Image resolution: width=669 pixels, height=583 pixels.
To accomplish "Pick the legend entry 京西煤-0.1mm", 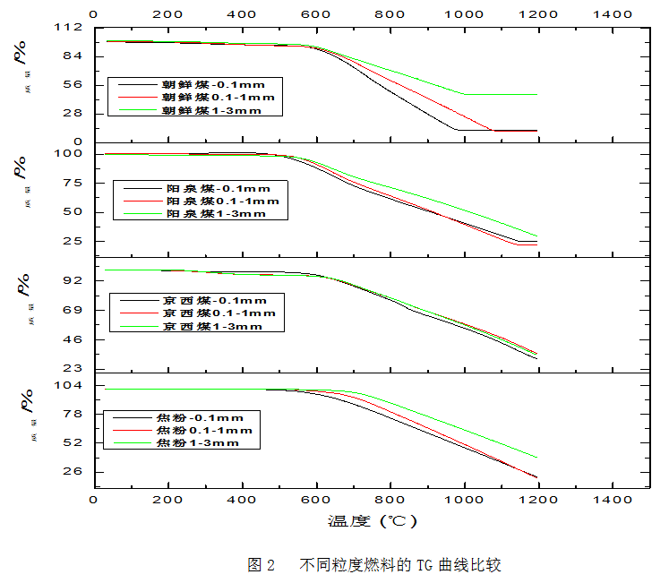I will (x=213, y=300).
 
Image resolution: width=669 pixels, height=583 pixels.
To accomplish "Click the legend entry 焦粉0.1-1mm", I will (x=203, y=430).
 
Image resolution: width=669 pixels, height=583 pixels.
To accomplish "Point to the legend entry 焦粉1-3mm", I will (x=197, y=442).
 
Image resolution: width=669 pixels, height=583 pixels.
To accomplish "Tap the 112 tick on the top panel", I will (x=74, y=28).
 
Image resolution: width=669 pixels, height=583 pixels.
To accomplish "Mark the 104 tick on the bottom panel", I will (x=74, y=385).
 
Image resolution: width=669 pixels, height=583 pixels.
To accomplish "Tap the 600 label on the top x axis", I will (x=315, y=13).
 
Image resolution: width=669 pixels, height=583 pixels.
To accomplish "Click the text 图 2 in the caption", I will (x=261, y=565).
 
